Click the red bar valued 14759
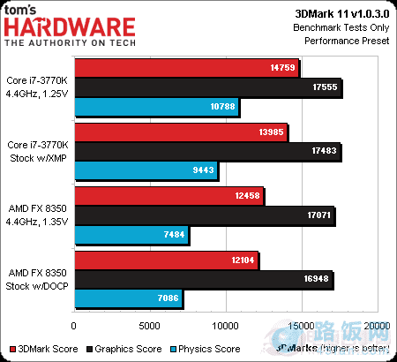(x=187, y=68)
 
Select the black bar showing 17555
(x=208, y=87)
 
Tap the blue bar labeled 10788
(x=156, y=107)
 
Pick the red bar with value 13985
(x=181, y=132)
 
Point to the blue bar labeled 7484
(x=132, y=235)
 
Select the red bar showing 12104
(x=167, y=260)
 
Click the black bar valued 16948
(x=204, y=280)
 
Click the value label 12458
(x=244, y=196)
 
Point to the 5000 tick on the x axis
(x=151, y=326)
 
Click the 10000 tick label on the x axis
(x=226, y=326)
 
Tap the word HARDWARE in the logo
(x=71, y=27)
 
